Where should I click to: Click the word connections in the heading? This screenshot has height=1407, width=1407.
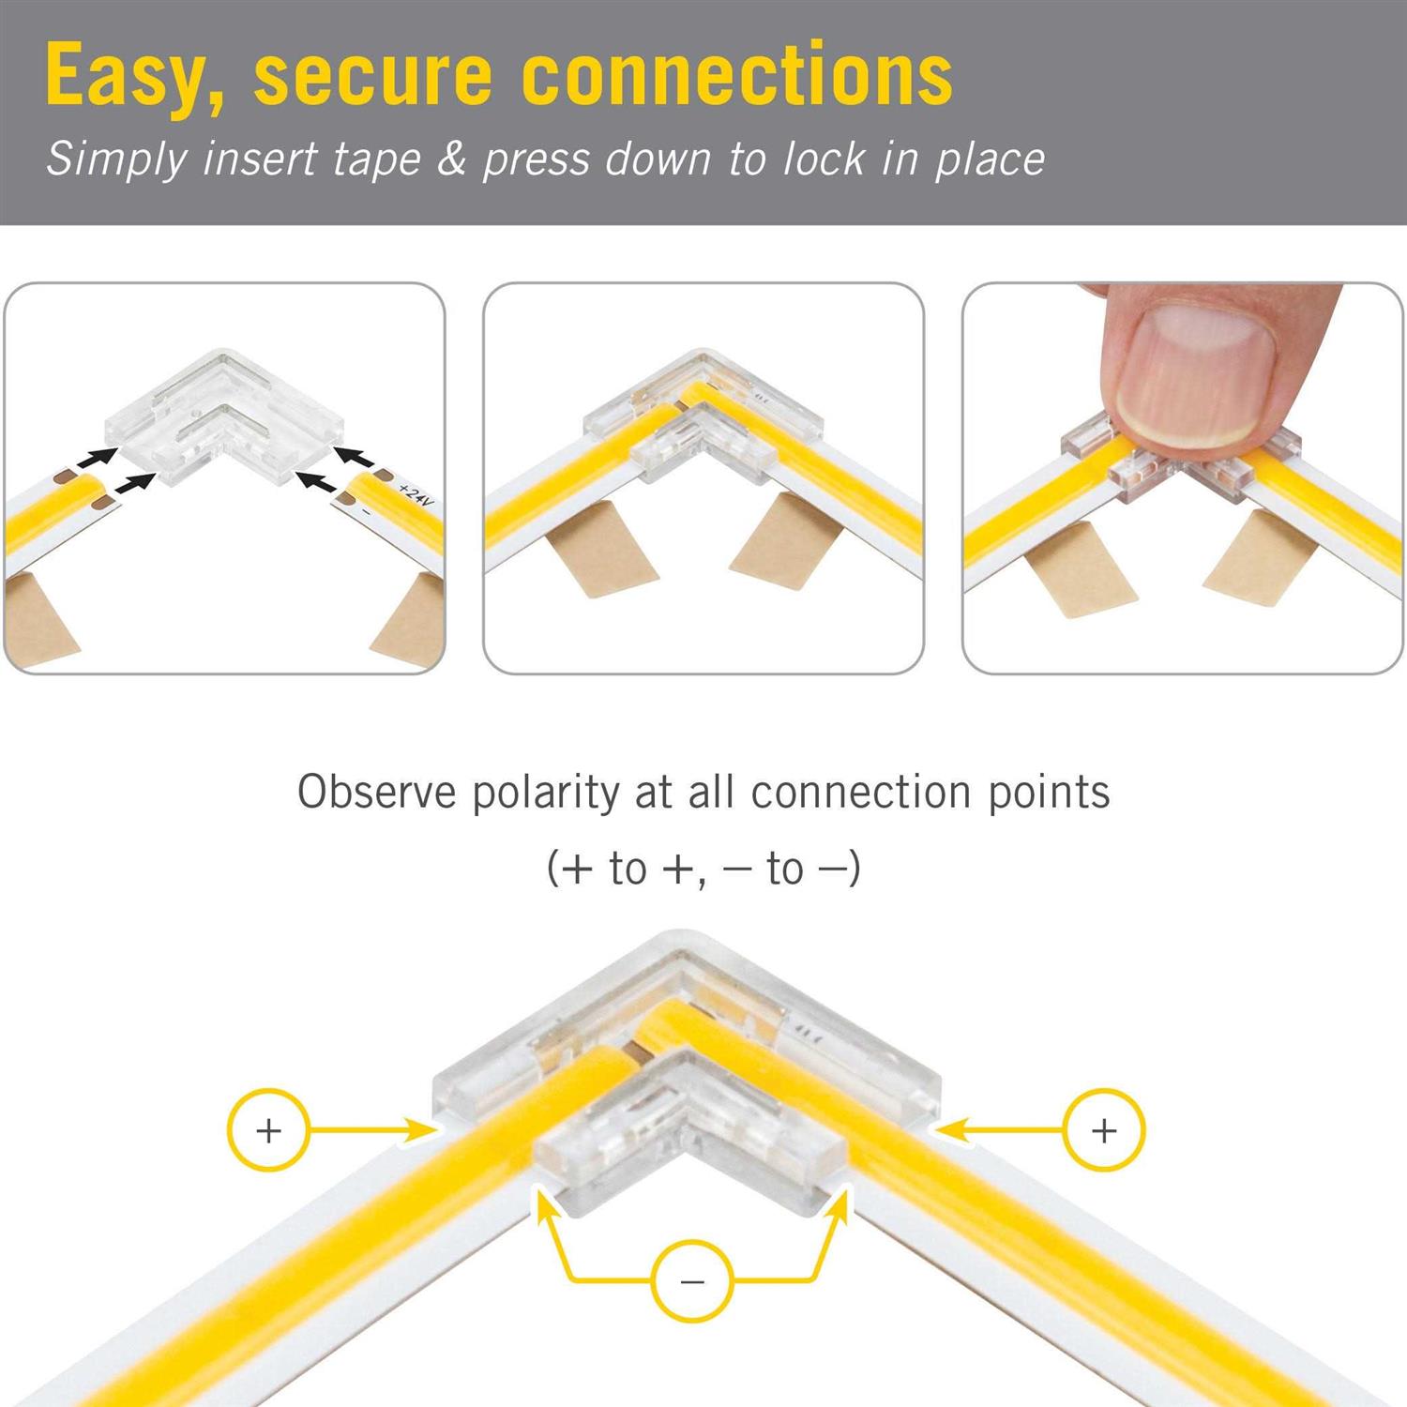[x=736, y=75]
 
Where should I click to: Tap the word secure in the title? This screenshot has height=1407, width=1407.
[x=372, y=75]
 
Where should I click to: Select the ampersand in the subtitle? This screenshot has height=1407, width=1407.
[x=452, y=159]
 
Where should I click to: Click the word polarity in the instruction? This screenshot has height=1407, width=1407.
[x=546, y=793]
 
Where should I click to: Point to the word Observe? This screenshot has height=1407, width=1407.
[x=377, y=793]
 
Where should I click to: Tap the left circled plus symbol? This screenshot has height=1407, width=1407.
[x=268, y=1129]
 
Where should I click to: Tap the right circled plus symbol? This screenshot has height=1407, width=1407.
[x=1104, y=1129]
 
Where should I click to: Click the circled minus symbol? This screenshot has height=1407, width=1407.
[x=692, y=1280]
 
